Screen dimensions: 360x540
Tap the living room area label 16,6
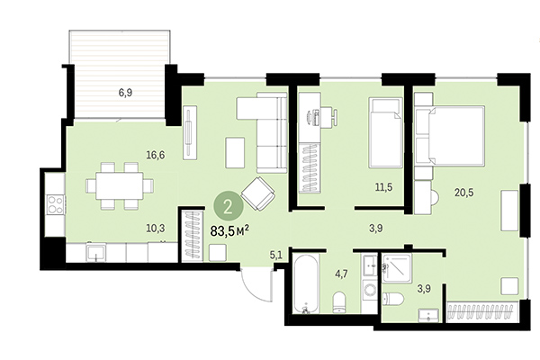[x=155, y=155]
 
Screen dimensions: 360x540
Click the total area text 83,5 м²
[x=229, y=230]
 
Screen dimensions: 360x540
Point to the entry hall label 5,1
[x=276, y=255]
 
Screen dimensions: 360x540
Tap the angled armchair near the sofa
[x=260, y=193]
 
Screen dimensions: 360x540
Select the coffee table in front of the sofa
[x=235, y=151]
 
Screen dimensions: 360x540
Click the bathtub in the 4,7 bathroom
[x=306, y=286]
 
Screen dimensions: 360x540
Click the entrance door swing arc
[x=254, y=286]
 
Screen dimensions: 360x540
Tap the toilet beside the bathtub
[x=340, y=299]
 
